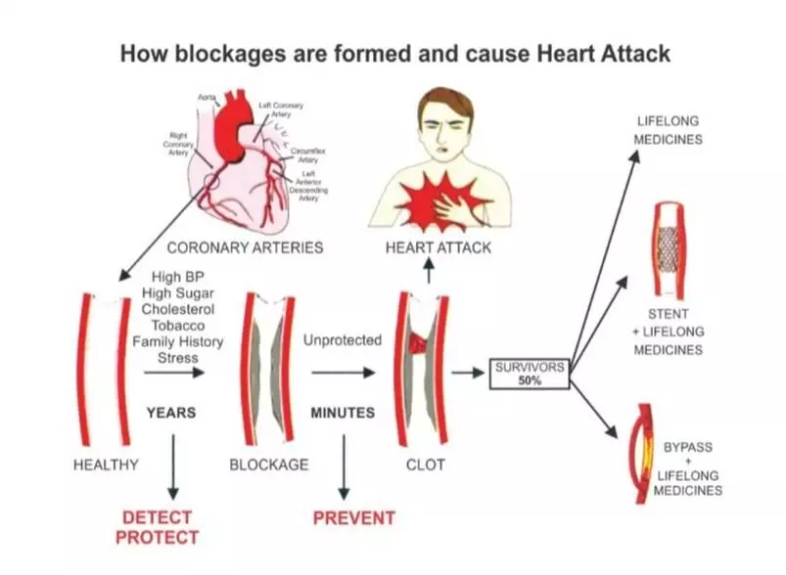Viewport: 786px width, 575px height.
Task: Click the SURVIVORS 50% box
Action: [x=529, y=374]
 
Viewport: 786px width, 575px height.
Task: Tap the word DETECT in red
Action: [x=157, y=516]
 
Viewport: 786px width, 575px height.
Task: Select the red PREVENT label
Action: [x=353, y=517]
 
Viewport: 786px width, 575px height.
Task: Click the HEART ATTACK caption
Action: [x=439, y=247]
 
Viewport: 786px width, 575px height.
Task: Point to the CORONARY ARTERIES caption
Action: [x=245, y=247]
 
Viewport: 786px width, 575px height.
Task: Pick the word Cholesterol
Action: [x=177, y=310]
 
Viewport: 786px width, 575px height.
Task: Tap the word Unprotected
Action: [x=343, y=341]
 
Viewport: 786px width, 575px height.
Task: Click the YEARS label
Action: [x=171, y=413]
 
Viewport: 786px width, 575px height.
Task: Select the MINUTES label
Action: [x=343, y=413]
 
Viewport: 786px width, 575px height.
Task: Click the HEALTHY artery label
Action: [x=106, y=464]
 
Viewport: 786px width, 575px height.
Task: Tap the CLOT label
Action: [x=425, y=464]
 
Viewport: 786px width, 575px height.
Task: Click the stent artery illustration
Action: [x=668, y=249]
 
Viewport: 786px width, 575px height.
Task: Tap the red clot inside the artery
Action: [x=418, y=342]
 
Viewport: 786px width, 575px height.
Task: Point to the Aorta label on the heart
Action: [x=206, y=99]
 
